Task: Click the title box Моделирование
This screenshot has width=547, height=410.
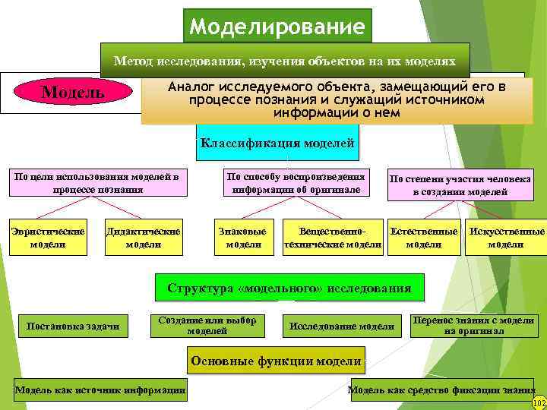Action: (278, 27)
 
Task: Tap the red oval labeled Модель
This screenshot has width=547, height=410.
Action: (73, 93)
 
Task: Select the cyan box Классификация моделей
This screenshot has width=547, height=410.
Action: (277, 143)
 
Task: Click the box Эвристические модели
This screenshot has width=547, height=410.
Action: (47, 237)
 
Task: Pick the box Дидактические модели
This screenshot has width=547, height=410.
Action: (144, 237)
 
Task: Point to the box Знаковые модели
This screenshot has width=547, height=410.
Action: (243, 237)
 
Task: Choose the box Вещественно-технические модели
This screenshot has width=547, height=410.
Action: (332, 237)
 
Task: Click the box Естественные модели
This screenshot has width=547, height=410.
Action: (424, 237)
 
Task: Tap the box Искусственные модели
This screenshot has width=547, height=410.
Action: (506, 237)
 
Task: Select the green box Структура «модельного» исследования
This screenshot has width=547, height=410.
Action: (289, 289)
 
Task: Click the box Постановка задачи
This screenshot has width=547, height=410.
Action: (73, 326)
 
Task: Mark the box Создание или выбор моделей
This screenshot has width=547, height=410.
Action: (207, 325)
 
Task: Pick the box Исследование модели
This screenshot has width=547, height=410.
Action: (342, 326)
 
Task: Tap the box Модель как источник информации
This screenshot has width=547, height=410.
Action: (101, 390)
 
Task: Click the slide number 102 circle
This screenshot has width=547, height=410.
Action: (539, 402)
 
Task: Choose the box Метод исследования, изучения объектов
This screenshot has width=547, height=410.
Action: (285, 59)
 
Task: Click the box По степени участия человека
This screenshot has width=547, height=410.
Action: (460, 185)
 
